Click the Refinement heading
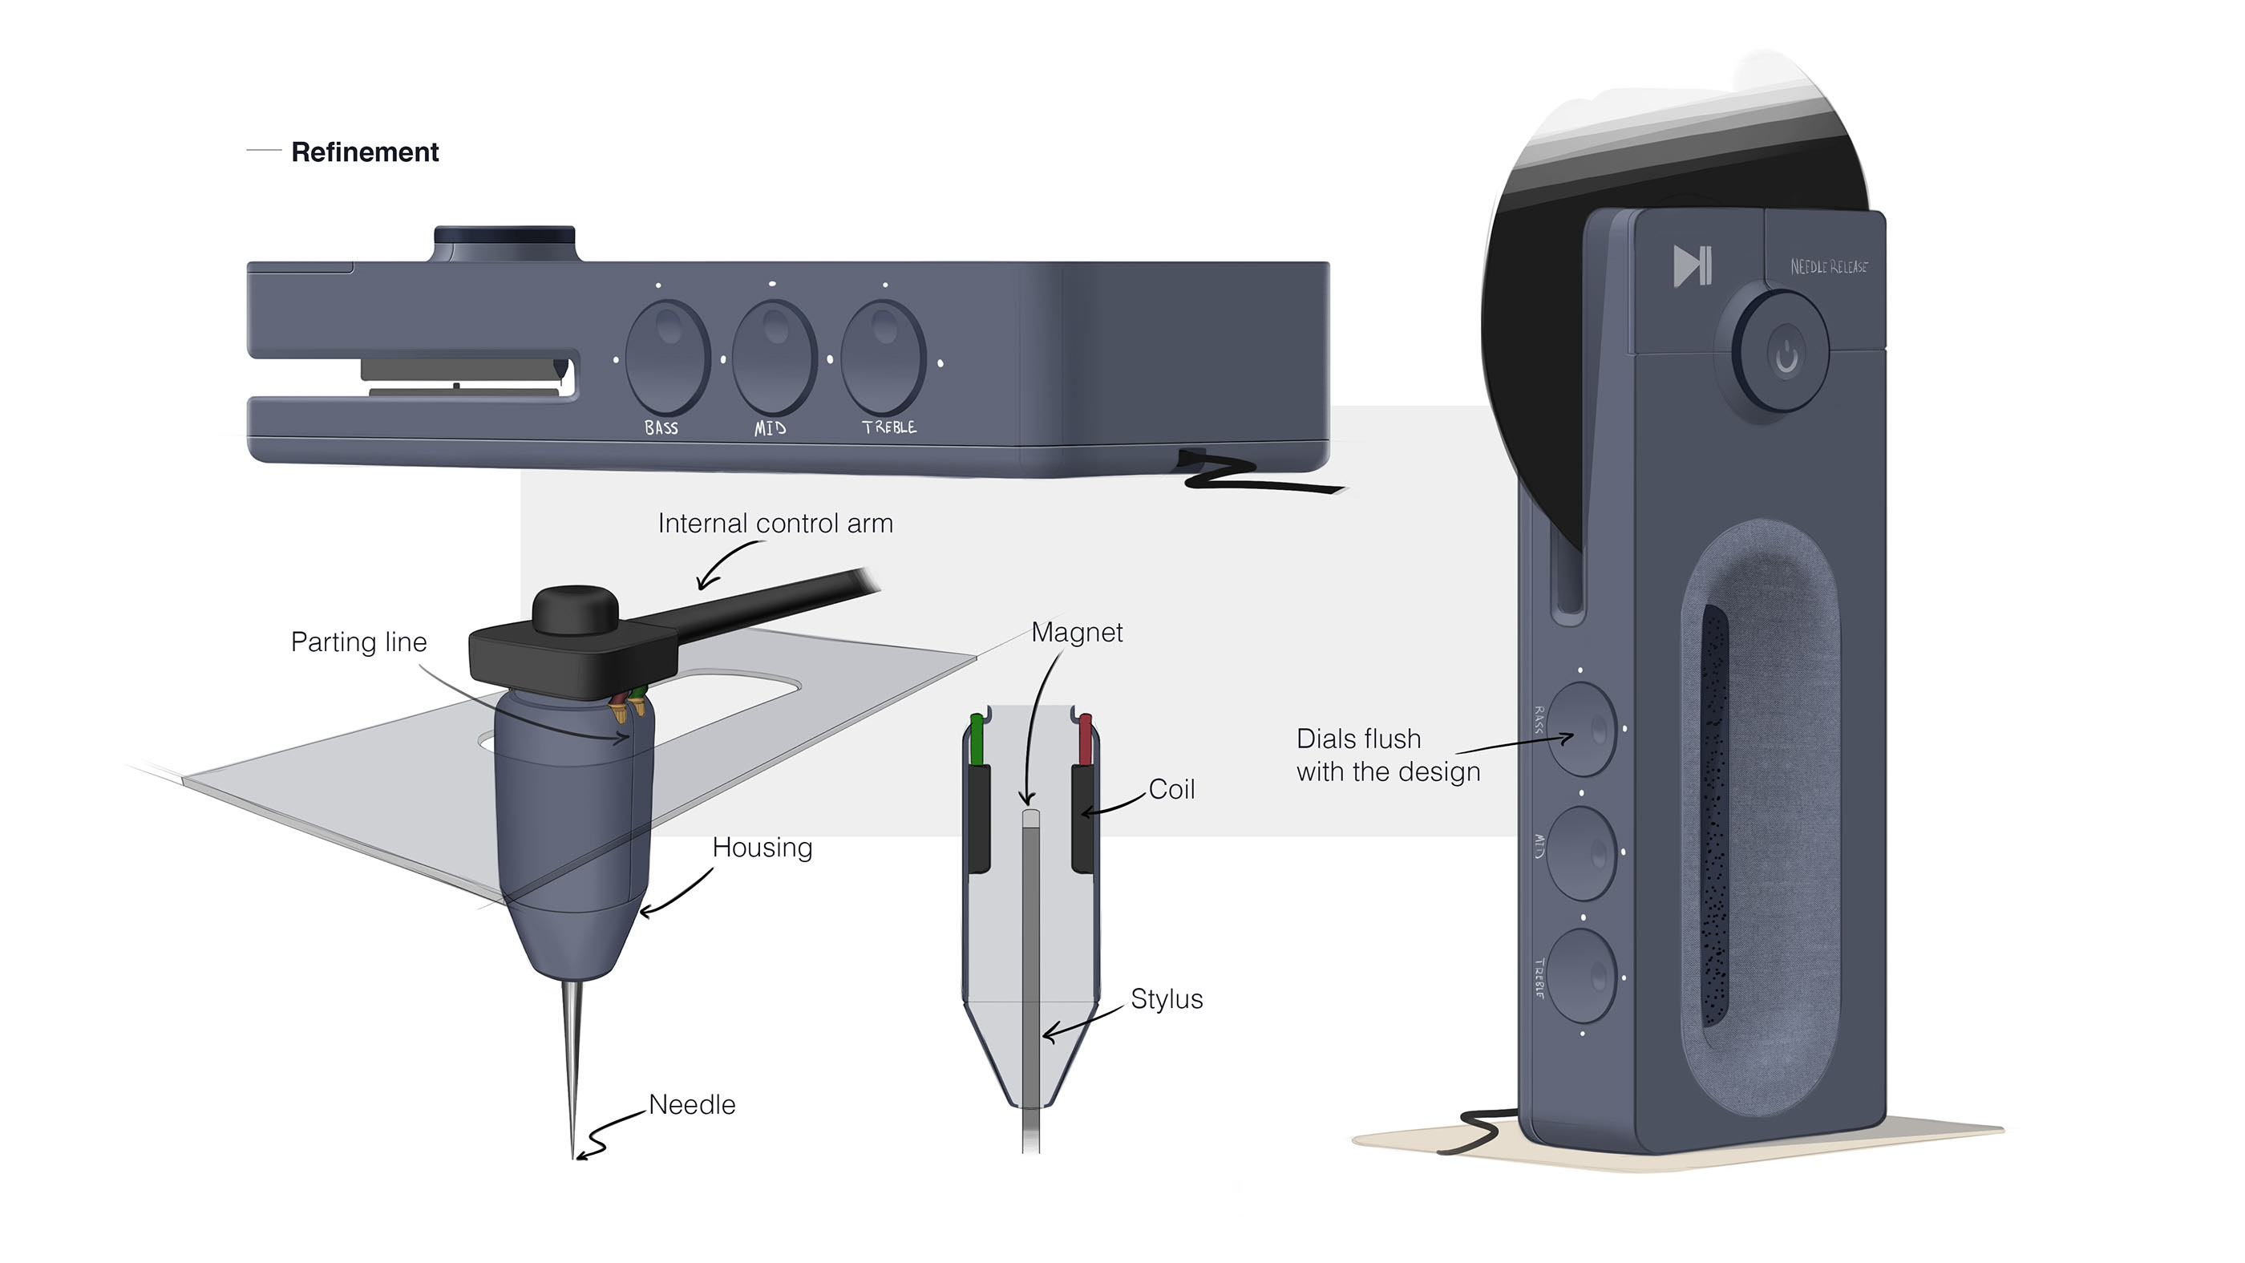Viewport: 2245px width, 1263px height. [x=364, y=152]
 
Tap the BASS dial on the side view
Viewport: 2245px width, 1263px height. [x=668, y=357]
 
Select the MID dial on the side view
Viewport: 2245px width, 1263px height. [x=774, y=357]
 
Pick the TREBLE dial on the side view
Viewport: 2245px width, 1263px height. [x=883, y=357]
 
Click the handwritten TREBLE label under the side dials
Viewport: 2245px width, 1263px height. [x=889, y=427]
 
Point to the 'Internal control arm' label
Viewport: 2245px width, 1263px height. [x=775, y=523]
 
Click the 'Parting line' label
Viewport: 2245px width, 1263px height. [x=358, y=642]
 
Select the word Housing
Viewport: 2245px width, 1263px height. [x=762, y=848]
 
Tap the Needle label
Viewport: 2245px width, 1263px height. [x=692, y=1104]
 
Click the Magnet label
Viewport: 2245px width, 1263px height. [x=1076, y=632]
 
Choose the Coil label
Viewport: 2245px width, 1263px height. [x=1171, y=789]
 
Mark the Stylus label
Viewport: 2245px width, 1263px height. [x=1166, y=999]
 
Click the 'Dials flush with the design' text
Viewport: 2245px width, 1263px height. [x=1387, y=755]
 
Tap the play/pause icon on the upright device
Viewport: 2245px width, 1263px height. [x=1693, y=266]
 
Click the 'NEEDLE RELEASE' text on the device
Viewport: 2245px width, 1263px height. [x=1828, y=267]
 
